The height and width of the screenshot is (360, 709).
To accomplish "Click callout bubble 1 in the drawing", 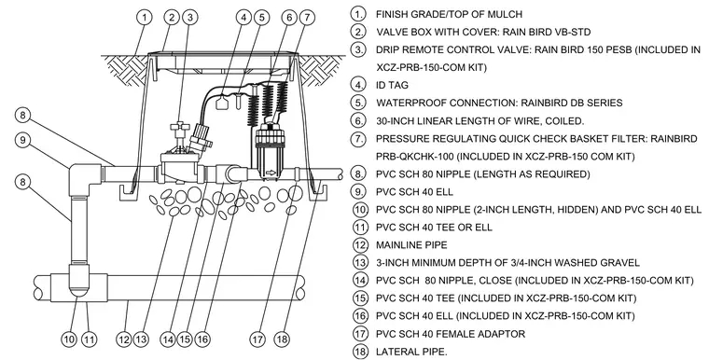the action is coord(145,18).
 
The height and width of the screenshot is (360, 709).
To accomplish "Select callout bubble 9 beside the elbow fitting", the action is coord(23,139).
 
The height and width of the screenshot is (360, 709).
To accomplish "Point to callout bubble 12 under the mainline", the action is coord(124,339).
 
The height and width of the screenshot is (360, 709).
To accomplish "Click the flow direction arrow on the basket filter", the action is coord(271,173).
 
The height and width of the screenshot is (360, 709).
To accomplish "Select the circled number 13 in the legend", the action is coord(360,262).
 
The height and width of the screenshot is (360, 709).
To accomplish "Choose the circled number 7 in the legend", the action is coord(358,138).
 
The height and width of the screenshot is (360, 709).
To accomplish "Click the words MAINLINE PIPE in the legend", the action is coord(411,245).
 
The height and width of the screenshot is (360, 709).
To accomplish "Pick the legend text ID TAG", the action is coord(392,85).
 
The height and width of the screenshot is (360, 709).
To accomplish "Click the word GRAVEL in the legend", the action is coord(620,263).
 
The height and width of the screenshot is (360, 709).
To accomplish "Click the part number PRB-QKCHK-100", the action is coord(414,157).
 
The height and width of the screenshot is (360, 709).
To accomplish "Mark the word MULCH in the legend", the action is coord(505,14).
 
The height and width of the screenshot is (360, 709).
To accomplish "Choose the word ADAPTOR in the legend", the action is coord(503,334).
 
